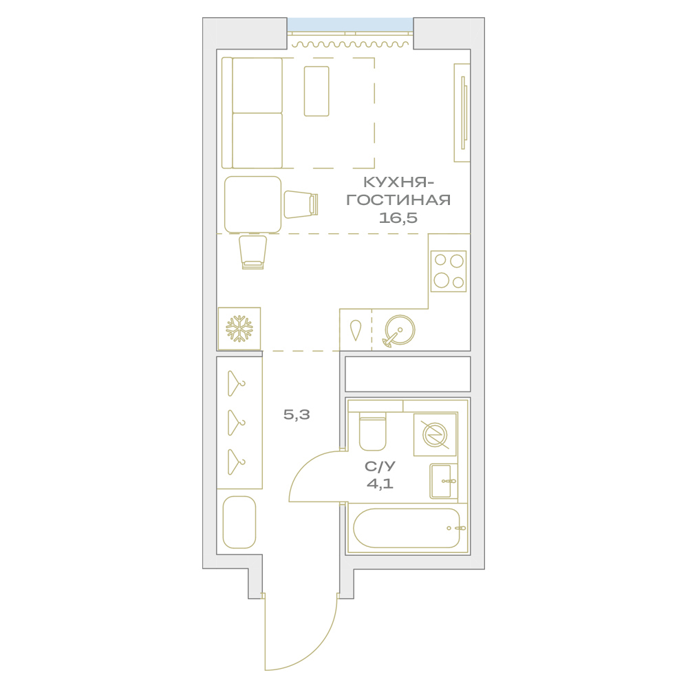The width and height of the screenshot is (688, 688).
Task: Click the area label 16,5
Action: (398, 218)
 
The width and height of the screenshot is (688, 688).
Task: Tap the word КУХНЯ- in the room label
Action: (396, 182)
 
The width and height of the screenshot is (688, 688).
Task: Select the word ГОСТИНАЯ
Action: (398, 200)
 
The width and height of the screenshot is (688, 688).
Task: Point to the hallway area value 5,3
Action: (297, 415)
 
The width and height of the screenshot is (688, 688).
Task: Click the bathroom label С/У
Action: (380, 466)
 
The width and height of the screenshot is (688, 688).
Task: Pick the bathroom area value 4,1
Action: (380, 484)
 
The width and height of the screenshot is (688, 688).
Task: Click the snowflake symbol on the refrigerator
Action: (239, 329)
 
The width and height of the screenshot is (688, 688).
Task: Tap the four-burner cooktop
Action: (449, 271)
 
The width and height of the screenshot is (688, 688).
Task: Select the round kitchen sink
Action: (399, 331)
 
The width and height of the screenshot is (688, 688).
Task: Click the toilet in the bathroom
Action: (372, 431)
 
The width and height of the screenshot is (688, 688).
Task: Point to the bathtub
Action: (407, 528)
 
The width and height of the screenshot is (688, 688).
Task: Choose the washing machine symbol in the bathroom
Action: (435, 434)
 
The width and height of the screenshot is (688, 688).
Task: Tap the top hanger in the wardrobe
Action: (236, 383)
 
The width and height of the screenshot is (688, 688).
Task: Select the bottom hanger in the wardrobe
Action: (236, 462)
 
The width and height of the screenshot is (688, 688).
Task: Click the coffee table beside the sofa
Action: (316, 92)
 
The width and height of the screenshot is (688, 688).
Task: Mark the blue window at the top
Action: (350, 25)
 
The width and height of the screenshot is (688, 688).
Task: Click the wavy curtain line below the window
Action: (350, 44)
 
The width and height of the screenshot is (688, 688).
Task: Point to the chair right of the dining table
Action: (301, 204)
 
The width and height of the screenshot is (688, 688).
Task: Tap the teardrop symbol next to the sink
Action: (356, 330)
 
